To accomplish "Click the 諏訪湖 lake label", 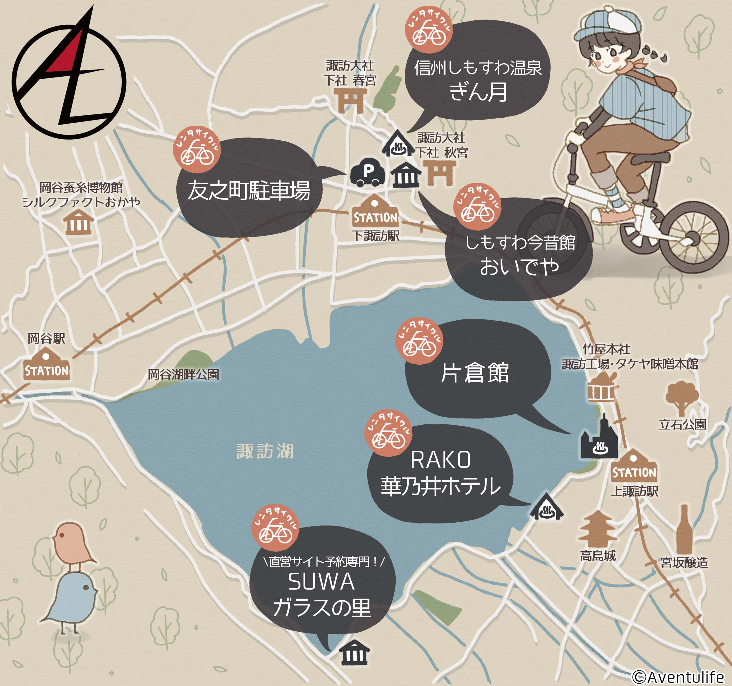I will [x=265, y=451].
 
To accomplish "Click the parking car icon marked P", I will [x=368, y=172].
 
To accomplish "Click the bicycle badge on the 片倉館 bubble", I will [x=419, y=341].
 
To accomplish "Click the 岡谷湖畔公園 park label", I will [x=183, y=375].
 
